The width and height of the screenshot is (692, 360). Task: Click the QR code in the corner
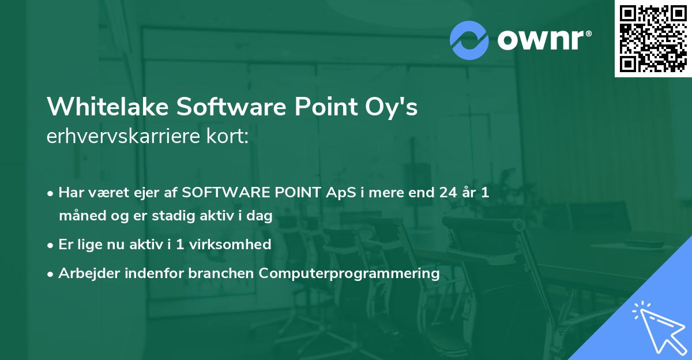point(653,38)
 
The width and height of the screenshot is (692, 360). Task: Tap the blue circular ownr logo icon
point(469,40)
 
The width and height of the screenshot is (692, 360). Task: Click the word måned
point(78,216)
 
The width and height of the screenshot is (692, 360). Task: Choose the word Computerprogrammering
point(349,273)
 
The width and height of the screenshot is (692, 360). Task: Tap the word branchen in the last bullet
point(222,273)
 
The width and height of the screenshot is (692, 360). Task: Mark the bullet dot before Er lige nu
point(51,245)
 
